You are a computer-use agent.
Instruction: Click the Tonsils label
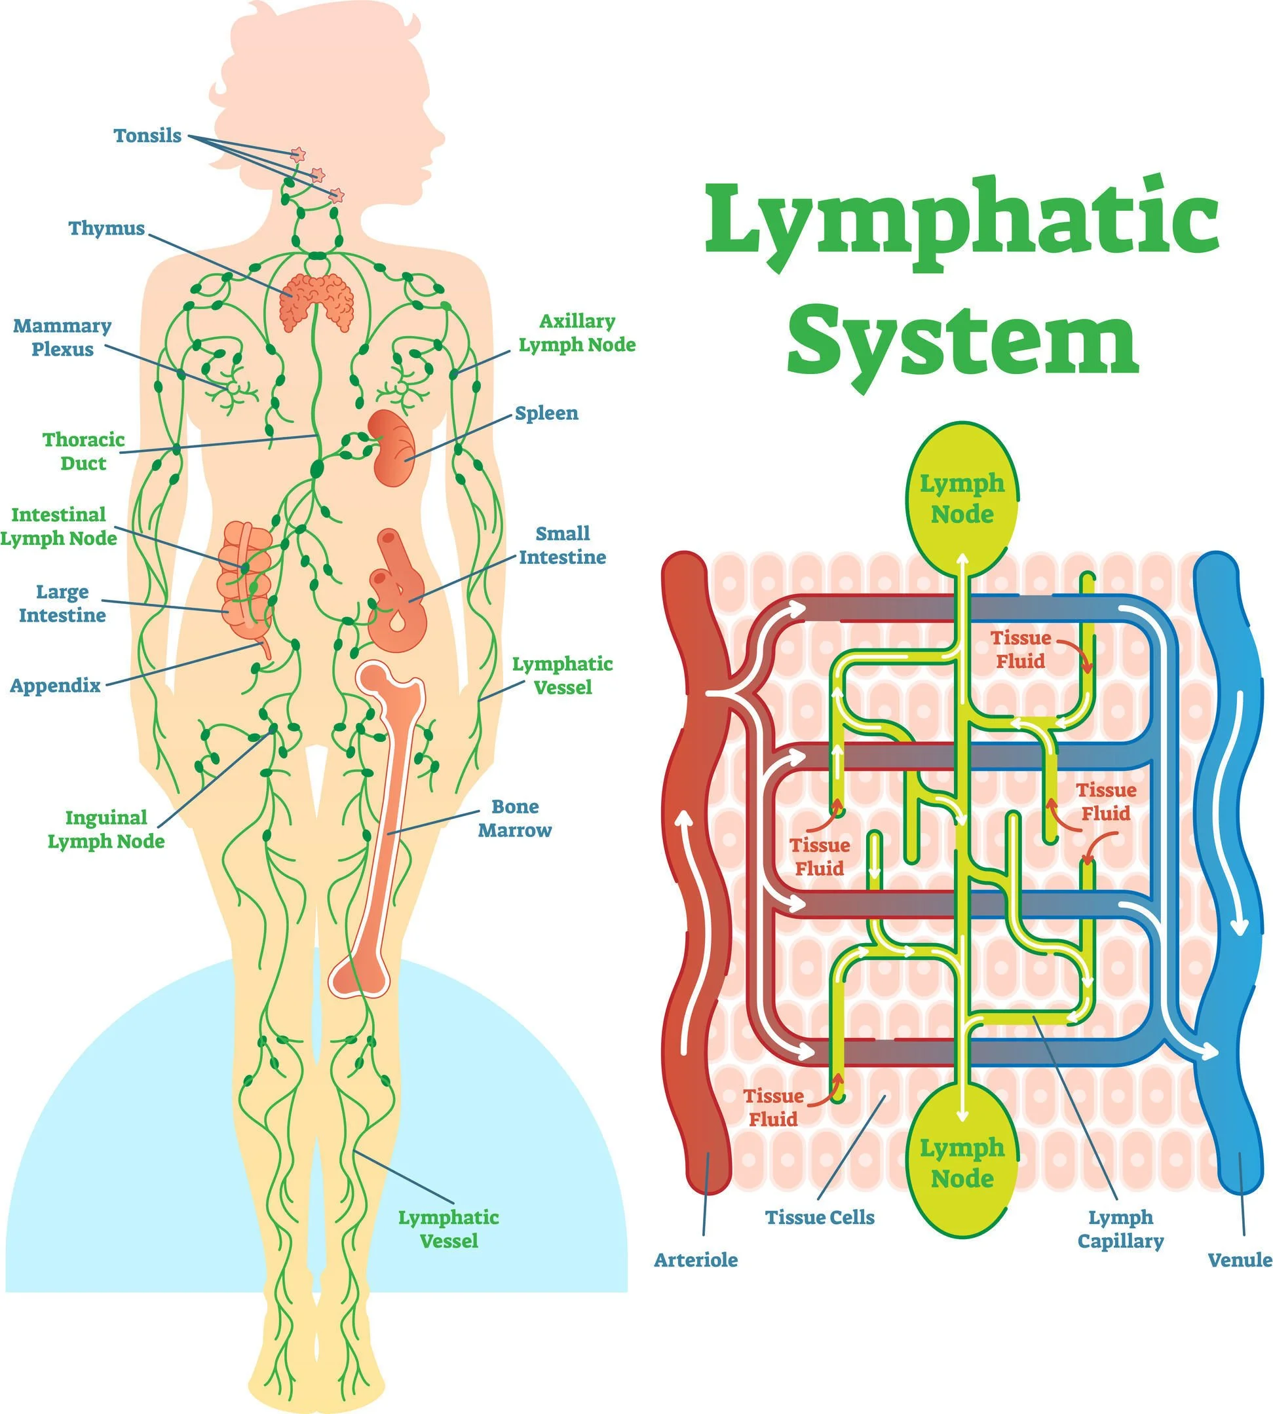tap(147, 136)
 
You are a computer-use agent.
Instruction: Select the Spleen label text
tap(546, 413)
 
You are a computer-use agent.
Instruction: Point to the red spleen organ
tap(392, 447)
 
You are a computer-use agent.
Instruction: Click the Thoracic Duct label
tap(83, 451)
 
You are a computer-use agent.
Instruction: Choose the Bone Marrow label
tap(515, 818)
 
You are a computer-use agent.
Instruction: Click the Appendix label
tap(55, 685)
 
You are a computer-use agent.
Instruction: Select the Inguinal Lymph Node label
tap(105, 829)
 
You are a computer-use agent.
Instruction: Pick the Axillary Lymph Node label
tap(577, 333)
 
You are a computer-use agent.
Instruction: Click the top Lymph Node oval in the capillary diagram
tap(962, 498)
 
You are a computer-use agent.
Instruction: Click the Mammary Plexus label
tap(62, 337)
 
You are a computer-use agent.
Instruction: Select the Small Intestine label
tap(561, 546)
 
